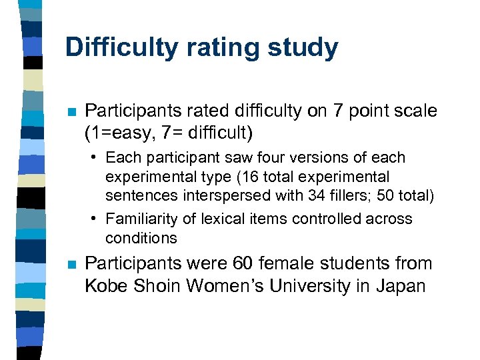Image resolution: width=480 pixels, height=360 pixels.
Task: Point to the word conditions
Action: [141, 238]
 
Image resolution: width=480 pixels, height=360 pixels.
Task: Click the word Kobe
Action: [107, 286]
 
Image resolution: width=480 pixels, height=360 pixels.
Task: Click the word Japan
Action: [401, 286]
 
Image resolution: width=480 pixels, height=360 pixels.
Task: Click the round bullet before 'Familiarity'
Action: [97, 219]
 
